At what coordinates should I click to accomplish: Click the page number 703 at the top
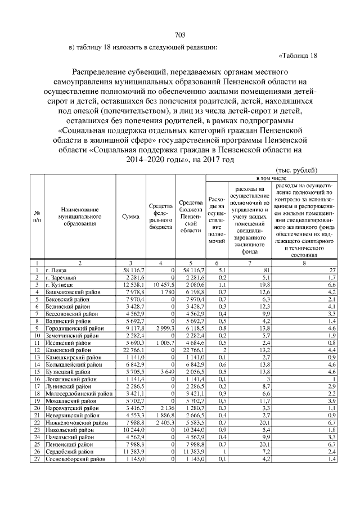180,35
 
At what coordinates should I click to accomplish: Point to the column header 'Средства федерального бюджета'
160,217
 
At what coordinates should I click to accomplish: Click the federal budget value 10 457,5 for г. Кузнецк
161,285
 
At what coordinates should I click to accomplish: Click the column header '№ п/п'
37,217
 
